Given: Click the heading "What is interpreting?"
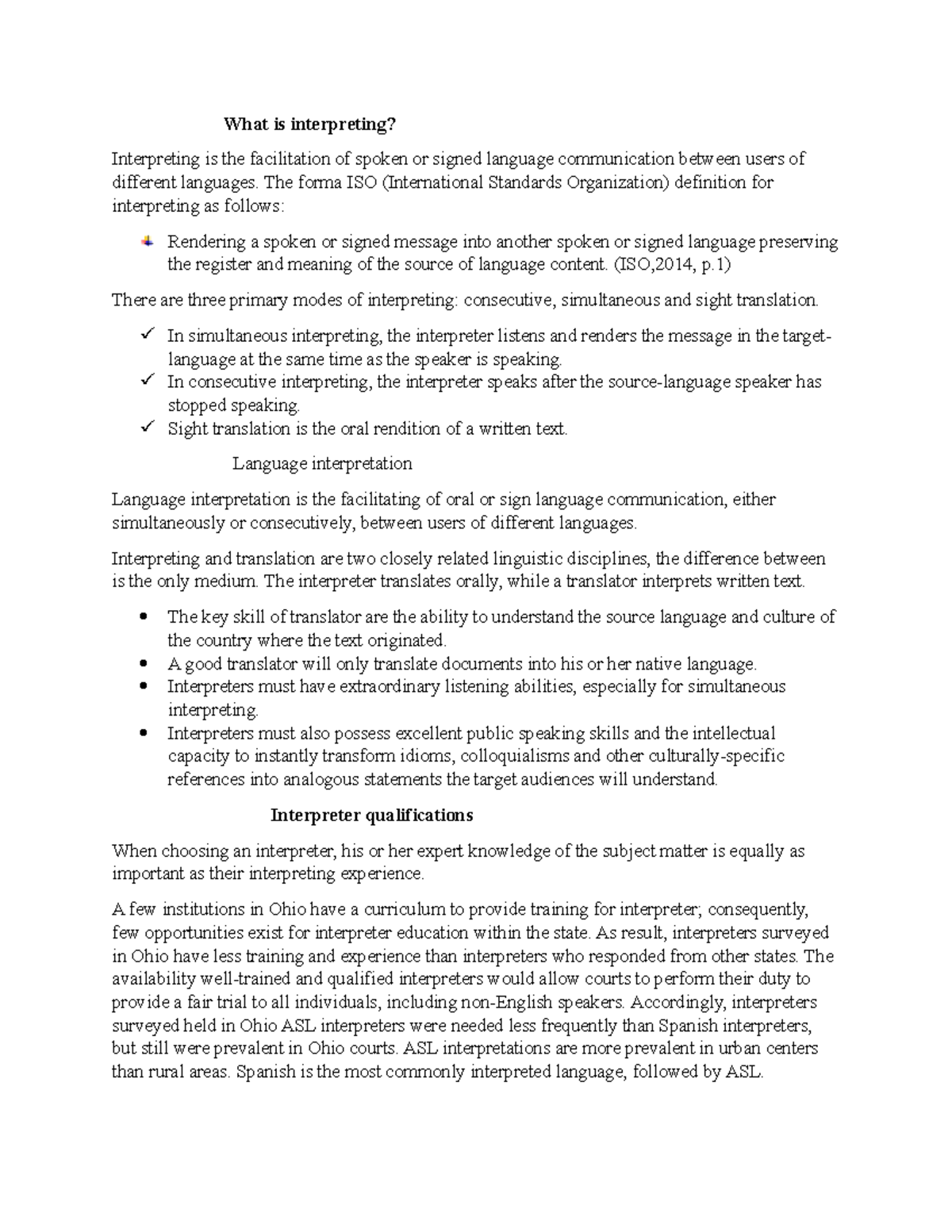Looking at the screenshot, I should [x=309, y=124].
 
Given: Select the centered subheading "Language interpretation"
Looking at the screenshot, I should [x=322, y=463].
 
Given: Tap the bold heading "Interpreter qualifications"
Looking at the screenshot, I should [x=371, y=815].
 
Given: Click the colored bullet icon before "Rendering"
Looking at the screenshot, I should [x=148, y=241].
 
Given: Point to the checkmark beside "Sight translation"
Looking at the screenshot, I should [x=147, y=428].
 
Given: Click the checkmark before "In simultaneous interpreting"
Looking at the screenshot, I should [x=147, y=335].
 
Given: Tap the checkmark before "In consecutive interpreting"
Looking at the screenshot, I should [x=147, y=381].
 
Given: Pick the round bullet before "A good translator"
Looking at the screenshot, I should [x=144, y=663].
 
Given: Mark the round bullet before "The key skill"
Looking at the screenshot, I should [x=144, y=616].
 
